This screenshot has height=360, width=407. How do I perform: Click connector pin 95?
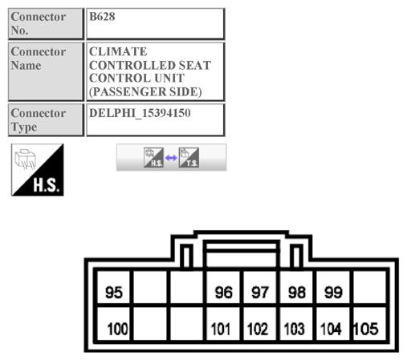click(x=114, y=293)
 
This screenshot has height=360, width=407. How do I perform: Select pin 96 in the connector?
click(x=224, y=293)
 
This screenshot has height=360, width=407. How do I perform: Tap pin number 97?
click(x=260, y=293)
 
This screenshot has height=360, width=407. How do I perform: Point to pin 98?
click(x=297, y=293)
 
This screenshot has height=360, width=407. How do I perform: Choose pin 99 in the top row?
click(x=333, y=293)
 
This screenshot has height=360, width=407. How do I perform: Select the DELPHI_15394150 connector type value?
click(x=140, y=113)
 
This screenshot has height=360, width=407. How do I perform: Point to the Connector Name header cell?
click(x=44, y=71)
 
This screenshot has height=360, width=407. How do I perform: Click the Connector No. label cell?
click(x=44, y=23)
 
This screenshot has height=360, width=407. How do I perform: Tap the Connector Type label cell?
click(x=44, y=119)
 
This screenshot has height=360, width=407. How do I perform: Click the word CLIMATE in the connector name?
click(x=119, y=52)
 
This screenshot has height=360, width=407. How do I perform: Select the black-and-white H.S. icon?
click(x=37, y=170)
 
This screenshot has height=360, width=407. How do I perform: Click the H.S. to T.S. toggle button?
click(x=171, y=157)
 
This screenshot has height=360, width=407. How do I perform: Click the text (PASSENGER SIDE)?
click(x=144, y=92)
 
